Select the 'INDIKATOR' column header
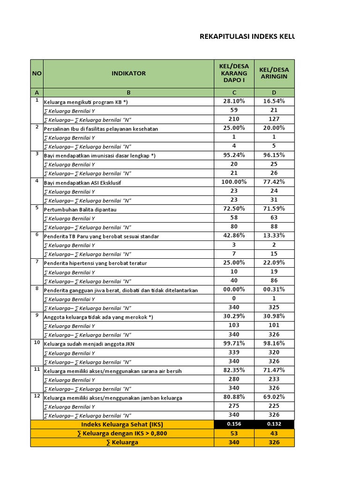pos(128,73)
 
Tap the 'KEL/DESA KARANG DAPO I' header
pos(234,73)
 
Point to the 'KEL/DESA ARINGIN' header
pos(274,73)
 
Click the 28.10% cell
pos(234,101)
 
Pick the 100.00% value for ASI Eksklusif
pos(234,182)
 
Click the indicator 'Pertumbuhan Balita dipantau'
pos(80,210)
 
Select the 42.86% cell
pos(234,236)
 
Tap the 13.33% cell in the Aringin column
pos(274,236)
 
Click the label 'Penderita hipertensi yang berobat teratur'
pos(95,263)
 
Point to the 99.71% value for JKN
pos(234,343)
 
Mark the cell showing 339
pos(234,352)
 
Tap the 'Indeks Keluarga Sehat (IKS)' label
pos(122,424)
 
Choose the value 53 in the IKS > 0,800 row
pos(234,434)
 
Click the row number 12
pos(37,396)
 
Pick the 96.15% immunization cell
pos(274,155)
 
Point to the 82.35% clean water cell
pos(234,370)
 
